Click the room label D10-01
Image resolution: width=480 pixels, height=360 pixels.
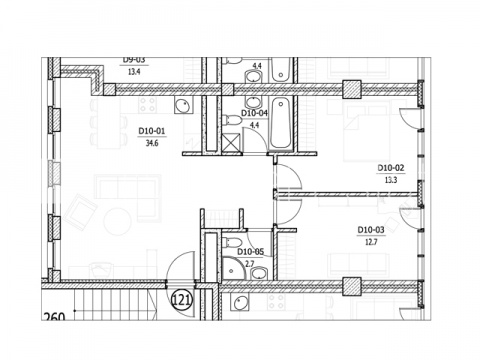[x=152, y=131]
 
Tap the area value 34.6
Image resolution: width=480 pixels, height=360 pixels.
[x=152, y=143]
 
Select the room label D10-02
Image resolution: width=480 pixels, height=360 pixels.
[x=391, y=168]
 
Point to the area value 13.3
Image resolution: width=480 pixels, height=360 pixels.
[x=391, y=180]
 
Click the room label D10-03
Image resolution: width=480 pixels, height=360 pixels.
[x=371, y=230]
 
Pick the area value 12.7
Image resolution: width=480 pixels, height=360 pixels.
[x=371, y=242]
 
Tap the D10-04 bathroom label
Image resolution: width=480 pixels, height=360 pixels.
[x=254, y=113]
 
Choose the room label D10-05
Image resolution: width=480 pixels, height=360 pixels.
[x=250, y=252]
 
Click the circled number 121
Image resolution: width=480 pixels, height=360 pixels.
[x=182, y=300]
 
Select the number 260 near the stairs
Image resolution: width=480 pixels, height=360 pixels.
[x=54, y=316]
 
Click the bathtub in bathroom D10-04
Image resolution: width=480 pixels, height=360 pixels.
[x=280, y=123]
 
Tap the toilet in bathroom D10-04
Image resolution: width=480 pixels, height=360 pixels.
[x=232, y=120]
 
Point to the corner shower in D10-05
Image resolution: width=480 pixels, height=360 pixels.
[x=234, y=268]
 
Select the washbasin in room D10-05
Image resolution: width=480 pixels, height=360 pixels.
[x=258, y=274]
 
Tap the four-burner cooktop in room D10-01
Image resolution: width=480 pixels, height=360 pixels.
[x=147, y=105]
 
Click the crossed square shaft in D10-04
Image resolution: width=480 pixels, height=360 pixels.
[x=231, y=143]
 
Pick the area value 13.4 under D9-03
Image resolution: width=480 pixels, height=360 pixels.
[x=134, y=72]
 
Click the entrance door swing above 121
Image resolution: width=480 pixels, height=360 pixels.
[x=180, y=267]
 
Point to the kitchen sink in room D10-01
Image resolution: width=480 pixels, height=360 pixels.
[x=183, y=106]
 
